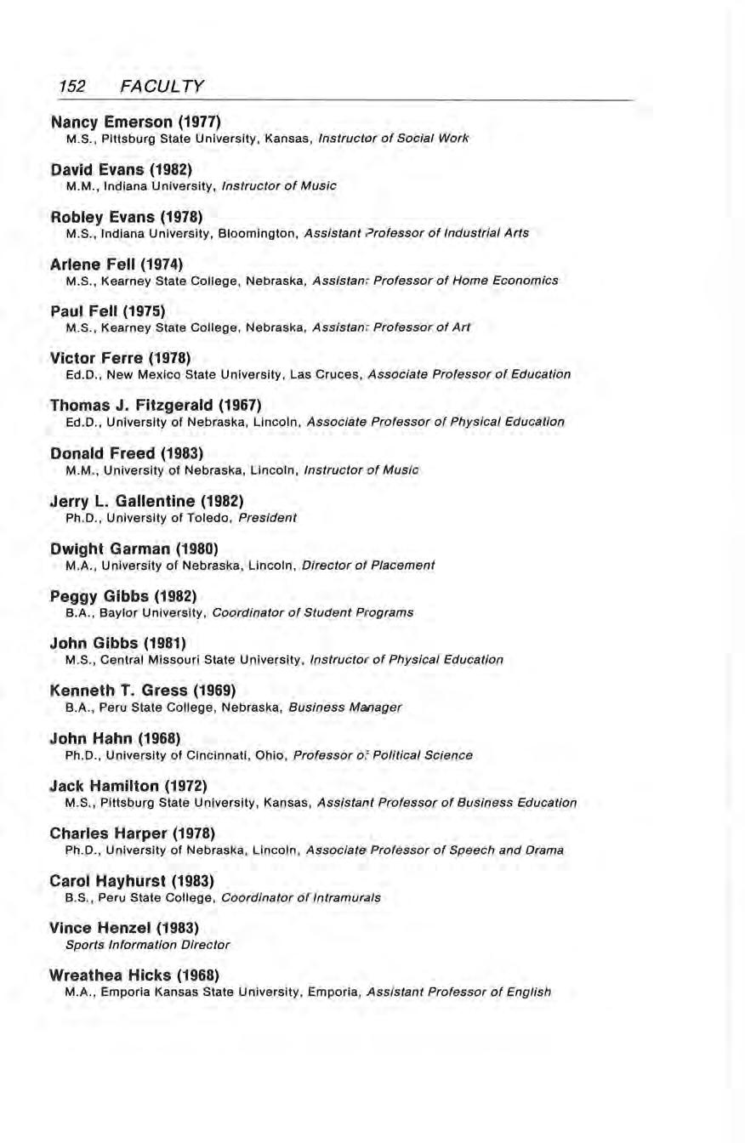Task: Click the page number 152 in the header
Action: click(75, 86)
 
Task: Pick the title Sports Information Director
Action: click(147, 944)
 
